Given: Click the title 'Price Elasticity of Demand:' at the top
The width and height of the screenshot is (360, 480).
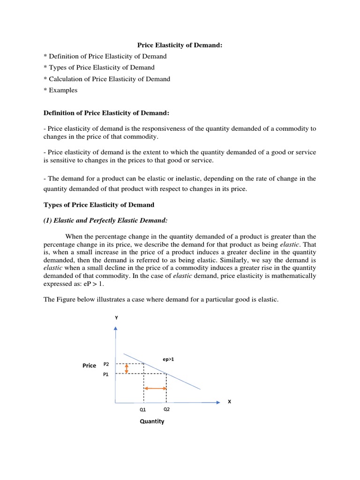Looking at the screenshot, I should pyautogui.click(x=180, y=45).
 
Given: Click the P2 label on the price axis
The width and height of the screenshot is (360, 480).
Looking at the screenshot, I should pyautogui.click(x=106, y=364).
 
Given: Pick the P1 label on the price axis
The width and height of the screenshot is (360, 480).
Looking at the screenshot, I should pyautogui.click(x=106, y=375).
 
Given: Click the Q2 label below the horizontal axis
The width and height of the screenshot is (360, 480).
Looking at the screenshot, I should pyautogui.click(x=166, y=408).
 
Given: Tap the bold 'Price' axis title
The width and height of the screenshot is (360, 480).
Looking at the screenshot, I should pyautogui.click(x=89, y=366).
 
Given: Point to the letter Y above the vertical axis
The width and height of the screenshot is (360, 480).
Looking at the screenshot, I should pyautogui.click(x=116, y=318).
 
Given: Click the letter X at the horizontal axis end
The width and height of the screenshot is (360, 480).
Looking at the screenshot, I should pyautogui.click(x=229, y=402).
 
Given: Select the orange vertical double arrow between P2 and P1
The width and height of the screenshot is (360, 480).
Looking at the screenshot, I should pyautogui.click(x=127, y=368).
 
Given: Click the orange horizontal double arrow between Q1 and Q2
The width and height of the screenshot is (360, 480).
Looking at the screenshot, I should pyautogui.click(x=155, y=388).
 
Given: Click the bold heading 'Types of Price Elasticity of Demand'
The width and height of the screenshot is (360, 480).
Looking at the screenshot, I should pyautogui.click(x=99, y=205).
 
